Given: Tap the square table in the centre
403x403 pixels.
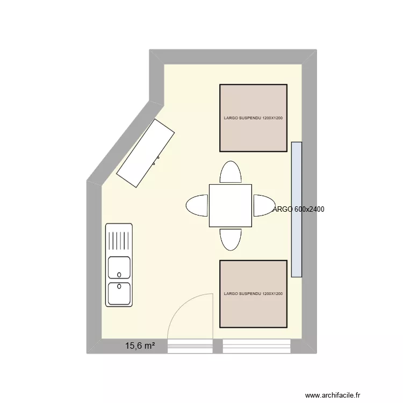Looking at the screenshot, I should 230,205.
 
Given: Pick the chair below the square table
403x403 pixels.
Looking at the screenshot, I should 231,239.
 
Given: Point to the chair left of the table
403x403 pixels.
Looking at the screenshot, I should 197,205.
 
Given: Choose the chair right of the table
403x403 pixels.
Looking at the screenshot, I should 263,205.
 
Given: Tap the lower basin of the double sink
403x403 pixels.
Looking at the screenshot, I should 119,293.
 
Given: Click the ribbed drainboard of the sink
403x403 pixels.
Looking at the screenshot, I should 119,239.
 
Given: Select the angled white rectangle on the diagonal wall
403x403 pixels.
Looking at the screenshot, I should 146,153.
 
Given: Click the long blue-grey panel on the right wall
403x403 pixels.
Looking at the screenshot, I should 296,210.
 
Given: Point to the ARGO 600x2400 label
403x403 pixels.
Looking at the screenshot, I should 299,210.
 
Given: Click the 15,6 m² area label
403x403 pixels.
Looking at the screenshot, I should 140,347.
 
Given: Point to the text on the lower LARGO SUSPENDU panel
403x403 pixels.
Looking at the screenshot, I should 253,294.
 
